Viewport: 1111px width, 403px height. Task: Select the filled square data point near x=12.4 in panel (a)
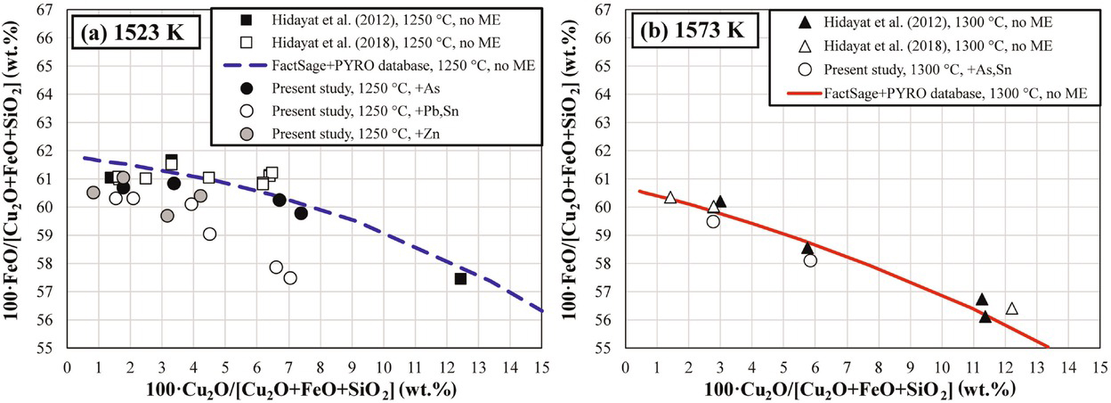460,279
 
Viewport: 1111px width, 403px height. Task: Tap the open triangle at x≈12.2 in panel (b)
1011,308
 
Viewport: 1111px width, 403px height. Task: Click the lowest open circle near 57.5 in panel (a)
290,278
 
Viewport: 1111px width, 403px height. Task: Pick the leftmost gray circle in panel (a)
93,193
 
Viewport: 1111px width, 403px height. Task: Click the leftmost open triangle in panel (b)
670,197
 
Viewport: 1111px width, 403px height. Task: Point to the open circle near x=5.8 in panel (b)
810,260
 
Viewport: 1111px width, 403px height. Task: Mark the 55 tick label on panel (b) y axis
606,348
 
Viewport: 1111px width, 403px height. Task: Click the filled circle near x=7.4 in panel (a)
301,213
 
